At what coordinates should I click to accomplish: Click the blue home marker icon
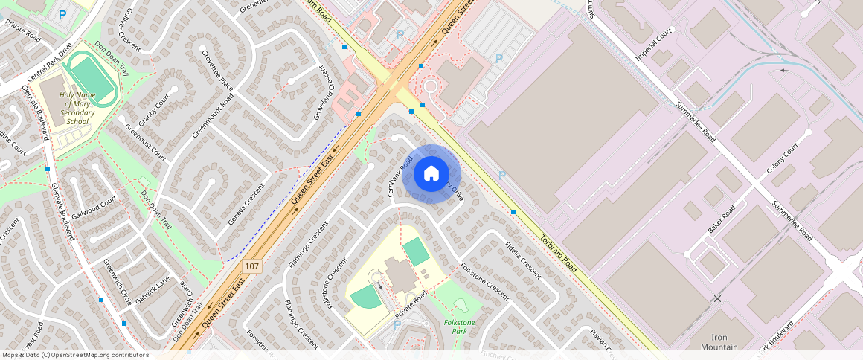(431, 174)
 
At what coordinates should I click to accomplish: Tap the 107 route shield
(252, 266)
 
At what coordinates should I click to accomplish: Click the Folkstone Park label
(459, 326)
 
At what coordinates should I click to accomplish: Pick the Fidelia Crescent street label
(522, 260)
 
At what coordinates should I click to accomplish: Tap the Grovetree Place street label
(217, 71)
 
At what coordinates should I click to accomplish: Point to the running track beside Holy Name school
(89, 79)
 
